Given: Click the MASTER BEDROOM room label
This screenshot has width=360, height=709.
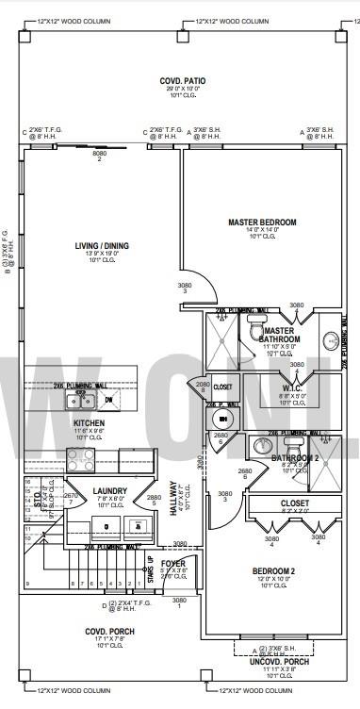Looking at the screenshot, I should (262, 223).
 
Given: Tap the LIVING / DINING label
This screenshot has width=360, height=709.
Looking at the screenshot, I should (102, 246).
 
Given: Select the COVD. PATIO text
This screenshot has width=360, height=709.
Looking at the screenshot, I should (177, 82).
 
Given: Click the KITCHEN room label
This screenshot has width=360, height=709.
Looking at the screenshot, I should (89, 423).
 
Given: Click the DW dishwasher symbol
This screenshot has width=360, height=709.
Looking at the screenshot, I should (109, 400).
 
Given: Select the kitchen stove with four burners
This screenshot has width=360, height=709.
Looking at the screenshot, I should (79, 459).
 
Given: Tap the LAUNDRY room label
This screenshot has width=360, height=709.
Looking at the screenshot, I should (109, 491).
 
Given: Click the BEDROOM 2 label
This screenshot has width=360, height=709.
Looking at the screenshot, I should (273, 571).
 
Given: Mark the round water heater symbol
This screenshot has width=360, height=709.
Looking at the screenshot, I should (222, 419).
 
